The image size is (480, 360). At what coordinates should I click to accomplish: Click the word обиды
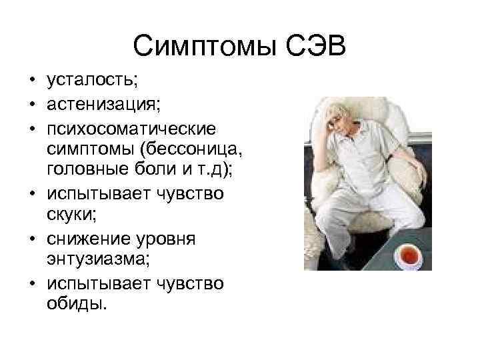[75, 307]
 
